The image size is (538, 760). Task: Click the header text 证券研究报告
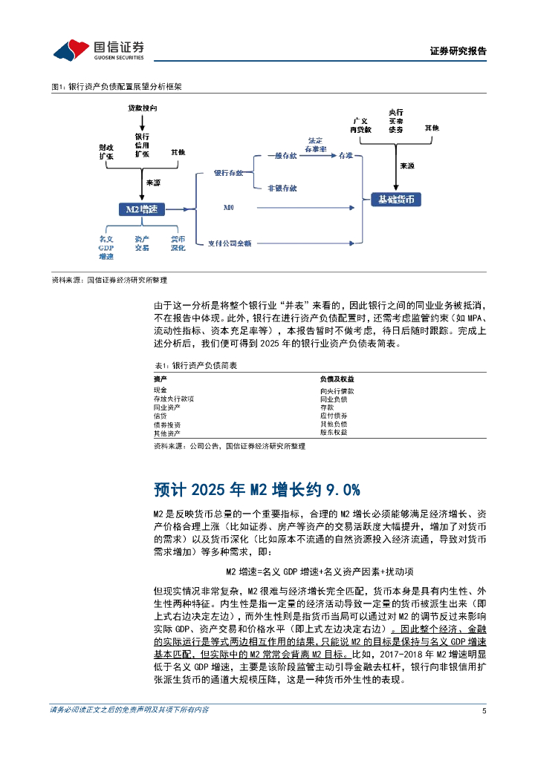click(458, 51)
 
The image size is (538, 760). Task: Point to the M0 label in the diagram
click(229, 210)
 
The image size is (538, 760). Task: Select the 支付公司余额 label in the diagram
click(230, 243)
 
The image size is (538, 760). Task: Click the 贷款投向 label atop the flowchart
click(142, 108)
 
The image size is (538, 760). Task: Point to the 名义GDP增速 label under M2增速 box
click(106, 248)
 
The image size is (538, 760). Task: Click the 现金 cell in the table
click(161, 390)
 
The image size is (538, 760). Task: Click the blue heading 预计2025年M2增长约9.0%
click(256, 489)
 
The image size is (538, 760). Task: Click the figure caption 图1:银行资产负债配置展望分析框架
click(116, 87)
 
